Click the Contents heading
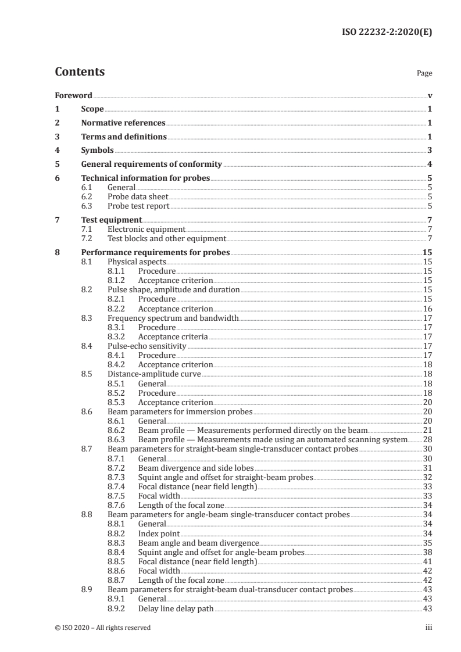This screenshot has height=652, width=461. (x=80, y=73)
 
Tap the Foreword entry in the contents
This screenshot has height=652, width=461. (x=73, y=95)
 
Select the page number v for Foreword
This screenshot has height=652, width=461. (x=430, y=95)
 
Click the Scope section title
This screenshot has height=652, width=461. (x=92, y=109)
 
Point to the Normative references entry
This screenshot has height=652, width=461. (x=123, y=123)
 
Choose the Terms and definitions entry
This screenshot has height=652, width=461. (x=124, y=137)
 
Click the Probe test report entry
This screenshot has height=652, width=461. (x=138, y=206)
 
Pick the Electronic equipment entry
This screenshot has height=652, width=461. (x=146, y=230)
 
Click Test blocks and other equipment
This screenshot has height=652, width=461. (x=166, y=239)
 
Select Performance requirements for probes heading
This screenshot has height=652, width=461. (x=155, y=253)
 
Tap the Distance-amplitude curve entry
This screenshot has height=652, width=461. (x=154, y=374)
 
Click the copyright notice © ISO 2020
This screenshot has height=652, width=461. (x=102, y=628)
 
